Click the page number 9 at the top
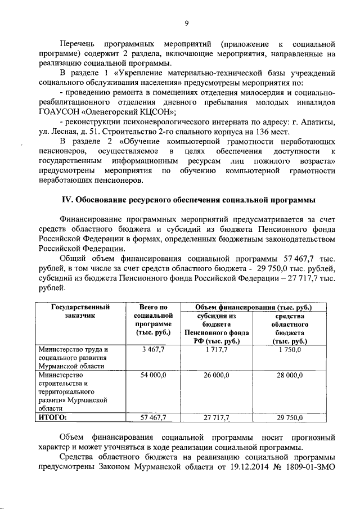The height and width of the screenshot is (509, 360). click(x=186, y=23)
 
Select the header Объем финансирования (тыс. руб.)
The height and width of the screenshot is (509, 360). click(x=253, y=307)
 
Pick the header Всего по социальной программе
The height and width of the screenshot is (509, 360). click(x=154, y=320)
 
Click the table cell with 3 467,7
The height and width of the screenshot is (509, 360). click(x=153, y=350)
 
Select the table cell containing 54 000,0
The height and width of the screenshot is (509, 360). click(x=153, y=375)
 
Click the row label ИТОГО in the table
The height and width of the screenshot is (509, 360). click(x=52, y=417)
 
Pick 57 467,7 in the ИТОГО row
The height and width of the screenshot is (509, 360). click(x=153, y=417)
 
